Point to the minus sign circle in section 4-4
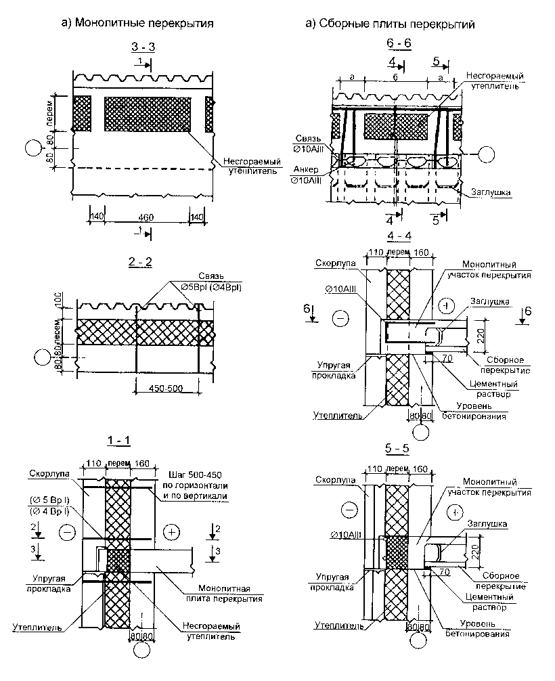[342, 317]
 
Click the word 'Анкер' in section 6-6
[303, 169]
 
